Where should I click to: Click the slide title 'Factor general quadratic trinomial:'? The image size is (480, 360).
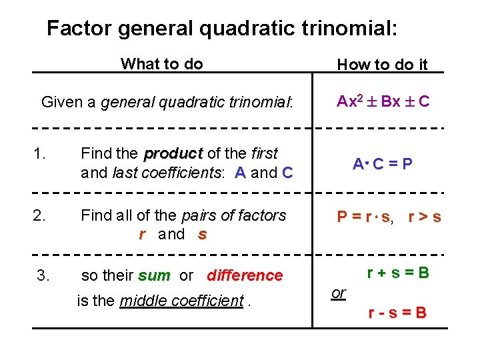click(x=222, y=28)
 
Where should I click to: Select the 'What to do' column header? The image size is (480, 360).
click(x=161, y=64)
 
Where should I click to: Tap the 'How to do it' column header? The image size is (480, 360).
click(x=382, y=65)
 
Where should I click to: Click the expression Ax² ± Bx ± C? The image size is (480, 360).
click(x=383, y=102)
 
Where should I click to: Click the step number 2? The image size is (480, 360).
click(x=39, y=215)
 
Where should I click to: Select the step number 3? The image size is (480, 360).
click(x=43, y=275)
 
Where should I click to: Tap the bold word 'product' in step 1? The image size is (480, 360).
click(x=173, y=154)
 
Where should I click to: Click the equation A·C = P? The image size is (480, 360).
click(x=382, y=163)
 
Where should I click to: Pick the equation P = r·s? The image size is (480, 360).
click(x=364, y=217)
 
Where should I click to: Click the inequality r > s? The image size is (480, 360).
click(x=424, y=217)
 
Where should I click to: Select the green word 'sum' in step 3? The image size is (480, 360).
click(x=154, y=275)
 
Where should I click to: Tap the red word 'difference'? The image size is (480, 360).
click(x=245, y=275)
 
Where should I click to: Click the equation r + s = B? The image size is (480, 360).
click(x=398, y=273)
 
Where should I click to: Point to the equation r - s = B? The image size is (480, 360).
click(x=397, y=313)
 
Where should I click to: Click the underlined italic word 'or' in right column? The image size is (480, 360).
click(x=339, y=293)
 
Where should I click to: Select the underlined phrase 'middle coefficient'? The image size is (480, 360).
click(x=181, y=301)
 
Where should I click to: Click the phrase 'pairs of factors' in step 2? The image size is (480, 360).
click(x=233, y=216)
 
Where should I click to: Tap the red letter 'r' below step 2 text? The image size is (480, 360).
click(x=142, y=234)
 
